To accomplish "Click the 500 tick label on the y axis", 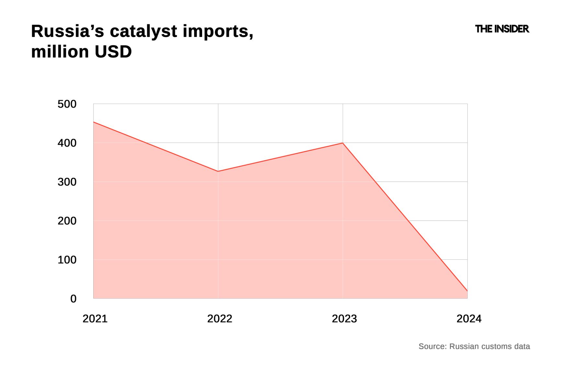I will click(67, 104).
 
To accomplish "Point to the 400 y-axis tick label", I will click(67, 143).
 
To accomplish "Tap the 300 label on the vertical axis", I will click(67, 182).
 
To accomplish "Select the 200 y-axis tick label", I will click(67, 221).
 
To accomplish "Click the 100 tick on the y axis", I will click(67, 260).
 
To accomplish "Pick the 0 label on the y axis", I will click(74, 299).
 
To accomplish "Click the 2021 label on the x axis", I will click(95, 319).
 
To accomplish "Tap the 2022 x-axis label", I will click(220, 319).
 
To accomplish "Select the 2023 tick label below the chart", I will click(344, 319).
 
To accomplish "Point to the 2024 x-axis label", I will click(469, 319).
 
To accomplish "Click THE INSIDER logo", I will click(502, 29).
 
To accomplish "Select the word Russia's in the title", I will click(68, 31).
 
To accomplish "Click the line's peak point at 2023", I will click(343, 143).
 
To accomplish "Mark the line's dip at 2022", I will click(218, 171).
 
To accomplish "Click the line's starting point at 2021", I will click(94, 122).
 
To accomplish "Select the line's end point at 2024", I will click(467, 291).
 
